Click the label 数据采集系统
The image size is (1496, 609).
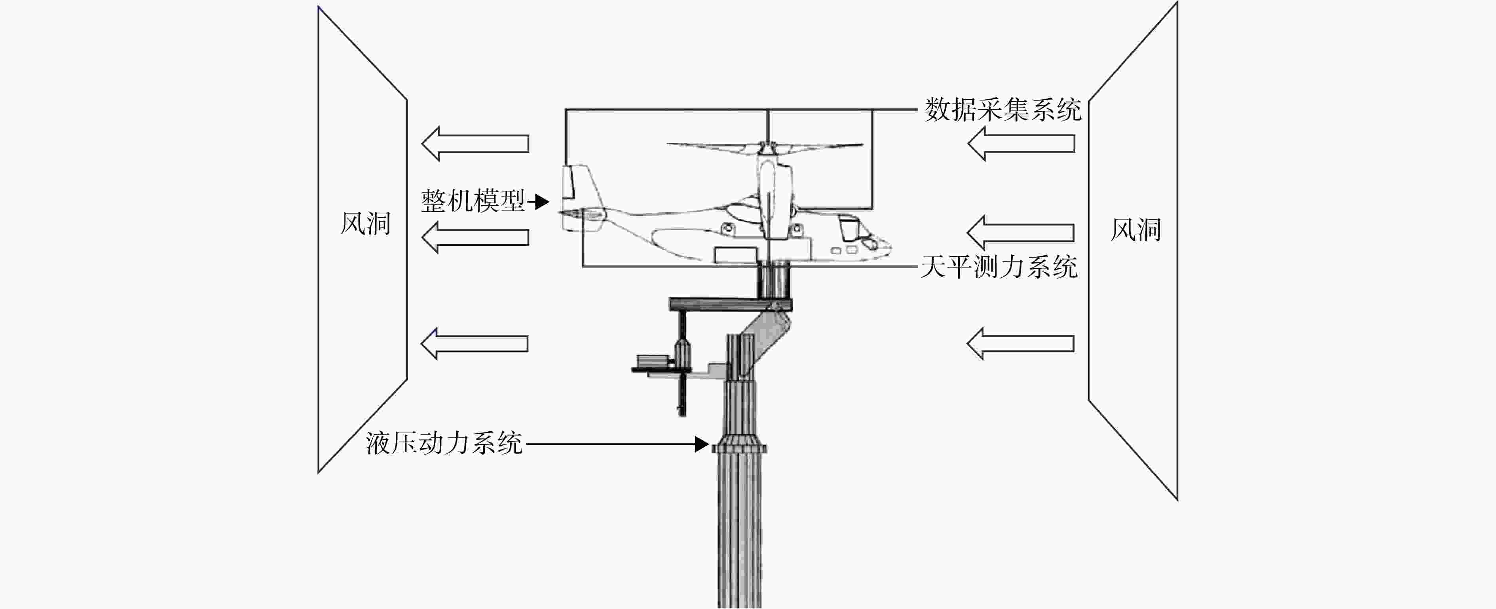point(1003,110)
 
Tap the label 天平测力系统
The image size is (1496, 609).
point(999,267)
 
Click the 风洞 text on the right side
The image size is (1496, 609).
point(1136,230)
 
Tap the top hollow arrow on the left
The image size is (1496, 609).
point(475,143)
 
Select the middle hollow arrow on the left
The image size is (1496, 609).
point(475,237)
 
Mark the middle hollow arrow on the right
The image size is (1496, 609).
point(1020,233)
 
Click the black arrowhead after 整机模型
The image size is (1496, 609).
point(541,202)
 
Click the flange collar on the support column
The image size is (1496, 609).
point(739,446)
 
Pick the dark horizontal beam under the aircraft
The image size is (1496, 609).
point(731,304)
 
